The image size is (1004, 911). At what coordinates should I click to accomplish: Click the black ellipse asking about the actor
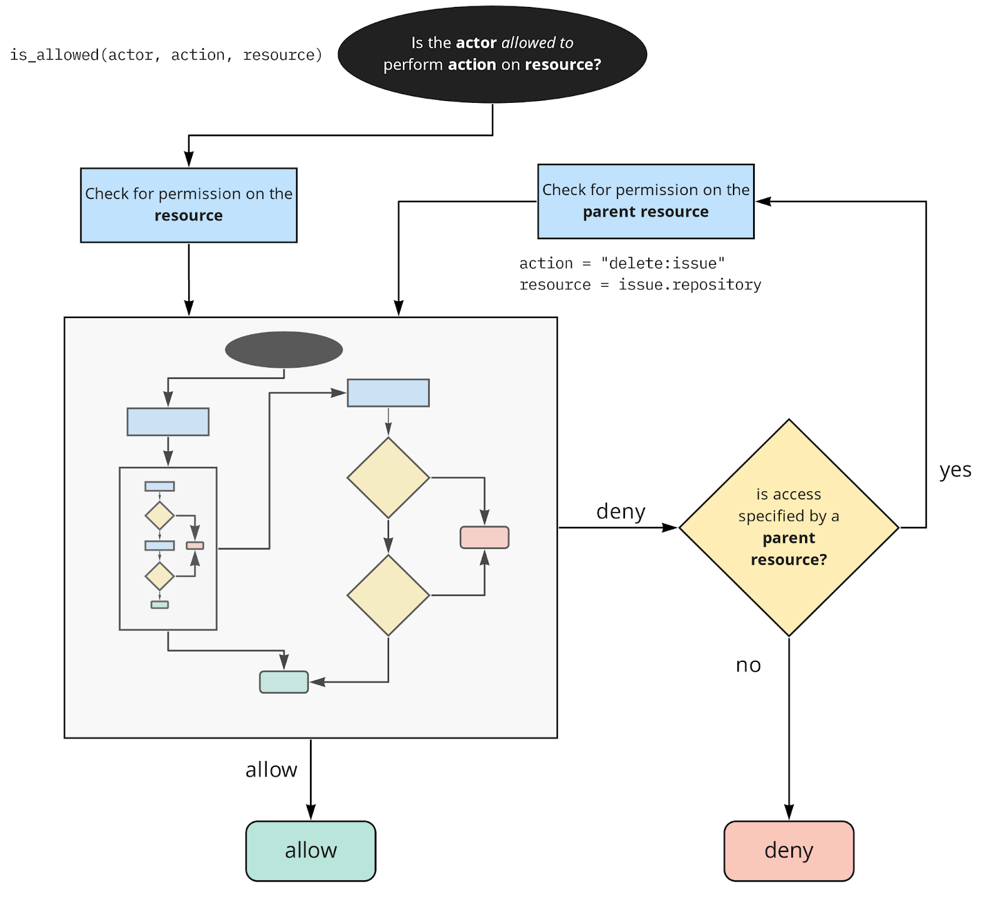point(492,55)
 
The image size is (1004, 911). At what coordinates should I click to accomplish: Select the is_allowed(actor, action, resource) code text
point(166,55)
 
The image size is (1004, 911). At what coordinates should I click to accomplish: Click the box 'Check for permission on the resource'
point(188,205)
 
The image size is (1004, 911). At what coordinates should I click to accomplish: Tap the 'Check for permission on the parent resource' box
point(645,201)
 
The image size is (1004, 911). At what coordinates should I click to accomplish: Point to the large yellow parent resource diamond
point(788,527)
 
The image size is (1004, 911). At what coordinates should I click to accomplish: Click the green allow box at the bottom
point(311,851)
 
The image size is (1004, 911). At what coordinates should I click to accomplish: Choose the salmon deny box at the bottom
point(788,851)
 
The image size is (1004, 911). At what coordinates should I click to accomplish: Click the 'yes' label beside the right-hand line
point(954,470)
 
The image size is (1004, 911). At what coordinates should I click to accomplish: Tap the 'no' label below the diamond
point(747,665)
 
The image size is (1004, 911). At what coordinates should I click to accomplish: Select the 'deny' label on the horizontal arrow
point(620,511)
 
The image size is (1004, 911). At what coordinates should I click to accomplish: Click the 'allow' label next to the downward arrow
point(271,770)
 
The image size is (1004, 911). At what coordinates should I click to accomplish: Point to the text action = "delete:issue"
point(621,263)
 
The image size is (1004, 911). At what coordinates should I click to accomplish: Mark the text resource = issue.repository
point(639,285)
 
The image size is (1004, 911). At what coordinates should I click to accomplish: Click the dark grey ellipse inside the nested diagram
point(284,349)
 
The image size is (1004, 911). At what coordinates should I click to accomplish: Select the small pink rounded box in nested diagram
point(484,537)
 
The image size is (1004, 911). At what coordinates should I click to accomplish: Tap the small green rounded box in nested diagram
point(284,682)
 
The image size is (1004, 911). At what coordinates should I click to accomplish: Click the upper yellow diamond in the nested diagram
point(388,477)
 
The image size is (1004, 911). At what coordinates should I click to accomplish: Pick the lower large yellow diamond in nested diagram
point(388,595)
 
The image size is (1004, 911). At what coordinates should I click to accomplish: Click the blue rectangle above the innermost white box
point(168,422)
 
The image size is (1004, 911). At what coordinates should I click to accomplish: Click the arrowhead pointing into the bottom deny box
point(788,812)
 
